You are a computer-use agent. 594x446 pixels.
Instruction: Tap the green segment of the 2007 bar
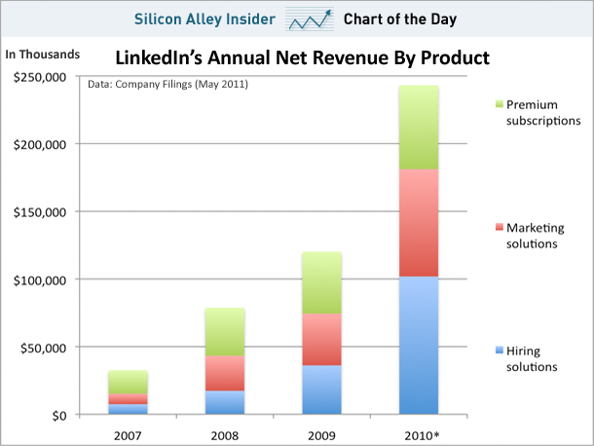pyautogui.click(x=128, y=382)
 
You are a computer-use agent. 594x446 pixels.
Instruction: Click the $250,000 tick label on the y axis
pyautogui.click(x=39, y=77)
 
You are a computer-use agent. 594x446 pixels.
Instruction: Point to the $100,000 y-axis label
pyautogui.click(x=39, y=279)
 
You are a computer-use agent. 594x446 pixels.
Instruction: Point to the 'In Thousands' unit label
pyautogui.click(x=43, y=54)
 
